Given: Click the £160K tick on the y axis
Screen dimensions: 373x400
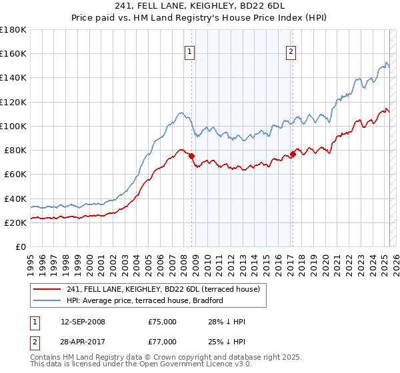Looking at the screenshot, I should tap(13, 53).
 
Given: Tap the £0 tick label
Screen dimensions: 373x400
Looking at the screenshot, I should tap(21, 246).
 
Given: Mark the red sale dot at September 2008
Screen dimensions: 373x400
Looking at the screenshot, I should tap(191, 156).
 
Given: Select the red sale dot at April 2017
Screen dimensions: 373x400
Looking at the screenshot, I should tap(293, 154).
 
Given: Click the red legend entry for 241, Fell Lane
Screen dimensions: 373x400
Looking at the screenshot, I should tap(167, 288).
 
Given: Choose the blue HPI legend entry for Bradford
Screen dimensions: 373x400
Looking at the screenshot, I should tap(145, 300).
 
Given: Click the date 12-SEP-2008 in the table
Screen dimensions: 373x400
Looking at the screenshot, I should tap(83, 322).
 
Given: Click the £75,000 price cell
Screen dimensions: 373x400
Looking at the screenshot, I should tap(163, 322).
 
